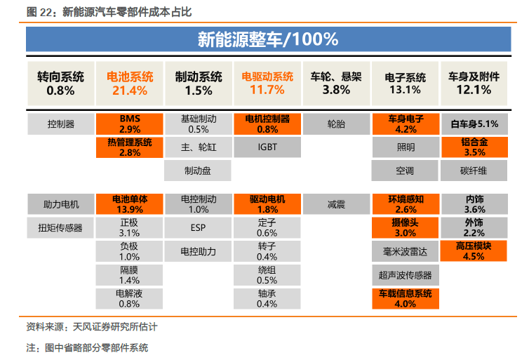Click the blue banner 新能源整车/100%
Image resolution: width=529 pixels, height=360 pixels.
coord(268,39)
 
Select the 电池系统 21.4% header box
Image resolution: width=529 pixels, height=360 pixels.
coord(130,84)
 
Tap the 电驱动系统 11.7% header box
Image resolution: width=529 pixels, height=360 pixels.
coord(267,84)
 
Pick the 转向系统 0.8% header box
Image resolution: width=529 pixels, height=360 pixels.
coord(61,84)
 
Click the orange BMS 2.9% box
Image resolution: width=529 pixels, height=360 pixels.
coord(130,124)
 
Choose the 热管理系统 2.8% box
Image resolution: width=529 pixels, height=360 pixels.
coord(130,147)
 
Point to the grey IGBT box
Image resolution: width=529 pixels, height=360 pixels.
coord(267,147)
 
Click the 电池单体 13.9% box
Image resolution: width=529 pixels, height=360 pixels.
coord(130,204)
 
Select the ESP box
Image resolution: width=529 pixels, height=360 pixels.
coord(198,228)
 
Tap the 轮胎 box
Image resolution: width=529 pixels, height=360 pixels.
coord(336,124)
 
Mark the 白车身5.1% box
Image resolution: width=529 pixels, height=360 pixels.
coord(474,124)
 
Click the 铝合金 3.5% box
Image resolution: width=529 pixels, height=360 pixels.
coord(474,147)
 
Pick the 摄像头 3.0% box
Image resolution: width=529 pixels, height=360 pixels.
coord(406,228)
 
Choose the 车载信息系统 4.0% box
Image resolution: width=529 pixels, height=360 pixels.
coord(406,298)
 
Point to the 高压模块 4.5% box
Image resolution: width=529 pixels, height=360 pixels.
coord(474,251)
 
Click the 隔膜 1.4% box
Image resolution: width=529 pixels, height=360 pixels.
coord(129,275)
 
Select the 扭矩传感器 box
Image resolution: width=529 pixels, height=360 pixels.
coord(60,228)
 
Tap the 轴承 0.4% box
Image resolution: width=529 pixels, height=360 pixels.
coord(267,298)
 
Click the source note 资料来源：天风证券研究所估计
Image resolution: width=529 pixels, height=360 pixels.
coord(92,326)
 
